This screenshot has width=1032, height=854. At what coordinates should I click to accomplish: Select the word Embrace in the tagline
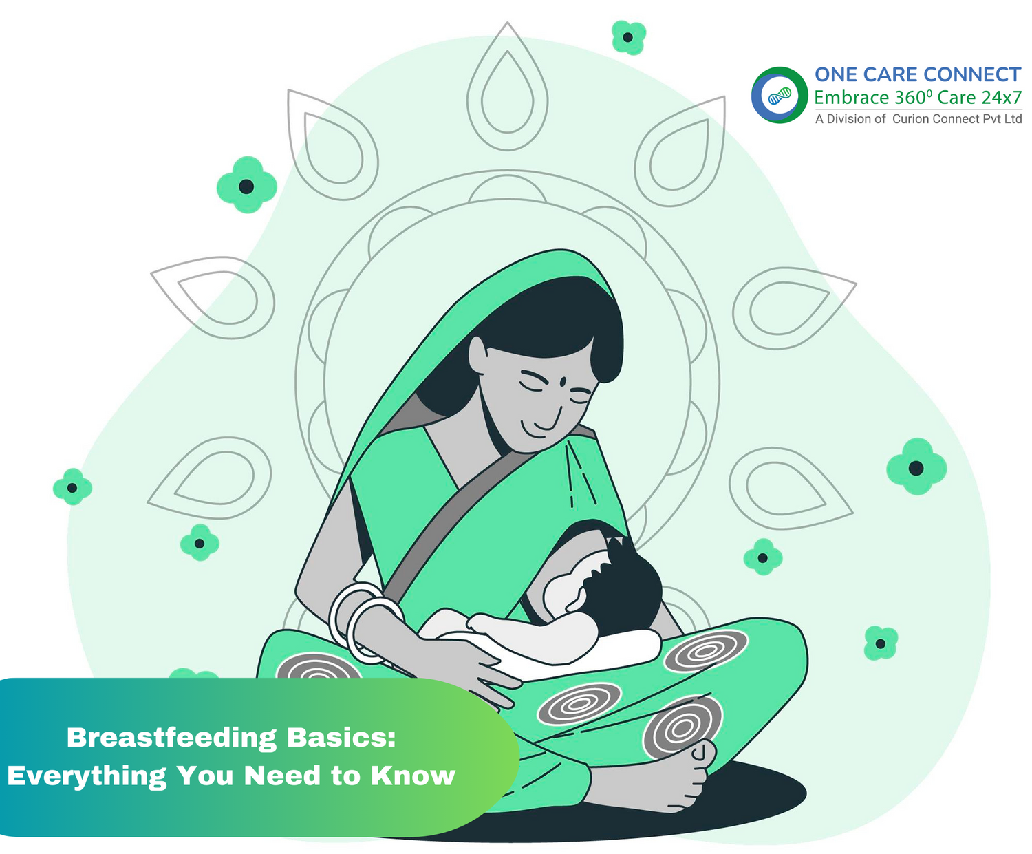(x=850, y=98)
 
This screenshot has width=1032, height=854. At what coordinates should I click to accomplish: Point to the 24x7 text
(x=1002, y=98)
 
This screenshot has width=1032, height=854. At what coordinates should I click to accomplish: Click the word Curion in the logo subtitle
(x=910, y=119)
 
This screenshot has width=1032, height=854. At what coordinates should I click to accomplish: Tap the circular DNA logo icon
(x=779, y=95)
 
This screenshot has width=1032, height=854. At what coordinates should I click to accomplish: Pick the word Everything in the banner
(x=87, y=776)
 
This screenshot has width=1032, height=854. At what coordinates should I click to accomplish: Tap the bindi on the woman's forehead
(x=562, y=381)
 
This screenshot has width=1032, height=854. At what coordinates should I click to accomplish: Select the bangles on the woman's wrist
(x=365, y=619)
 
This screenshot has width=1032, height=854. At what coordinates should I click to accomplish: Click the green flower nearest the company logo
(x=628, y=37)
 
